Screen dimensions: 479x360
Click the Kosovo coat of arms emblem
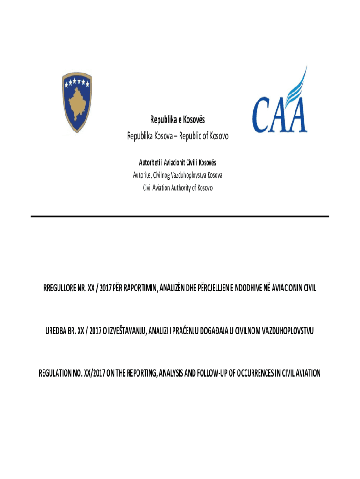click(77, 102)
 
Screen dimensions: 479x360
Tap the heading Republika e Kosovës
click(178, 121)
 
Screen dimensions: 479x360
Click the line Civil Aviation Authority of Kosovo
click(178, 188)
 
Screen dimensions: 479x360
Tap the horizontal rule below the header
click(180, 216)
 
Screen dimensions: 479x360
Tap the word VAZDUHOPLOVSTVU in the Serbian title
click(285, 331)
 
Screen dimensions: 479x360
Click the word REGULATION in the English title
click(58, 373)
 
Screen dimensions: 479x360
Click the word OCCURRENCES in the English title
click(258, 373)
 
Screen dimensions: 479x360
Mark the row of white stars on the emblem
click(77, 83)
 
